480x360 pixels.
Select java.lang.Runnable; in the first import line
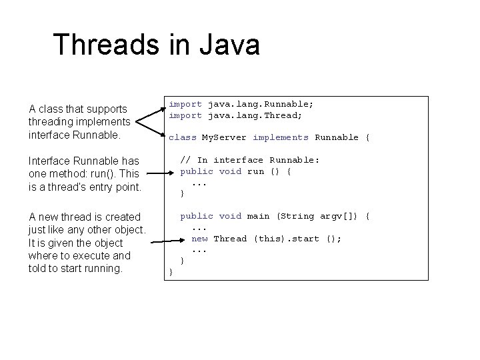coord(260,104)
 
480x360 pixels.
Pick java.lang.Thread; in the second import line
coord(255,115)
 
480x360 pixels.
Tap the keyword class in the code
coord(182,137)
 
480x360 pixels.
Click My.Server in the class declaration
coord(224,137)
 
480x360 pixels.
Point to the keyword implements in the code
coord(280,137)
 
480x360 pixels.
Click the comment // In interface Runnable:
coord(250,160)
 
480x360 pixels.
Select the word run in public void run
coord(255,171)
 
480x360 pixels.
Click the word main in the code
coord(258,216)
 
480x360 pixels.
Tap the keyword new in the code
coord(199,239)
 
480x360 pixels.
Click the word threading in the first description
coord(53,121)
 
